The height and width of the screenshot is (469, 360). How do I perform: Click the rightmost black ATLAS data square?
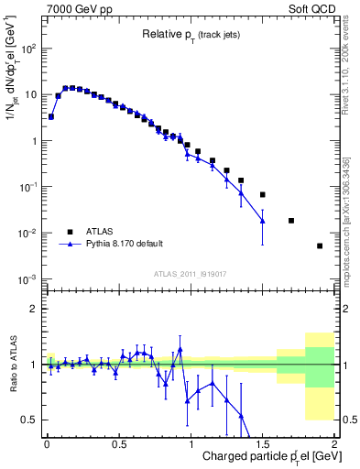tap(320, 245)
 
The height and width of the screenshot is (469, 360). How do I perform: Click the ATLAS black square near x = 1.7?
tap(291, 221)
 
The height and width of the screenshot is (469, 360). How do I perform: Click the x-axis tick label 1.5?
tap(262, 444)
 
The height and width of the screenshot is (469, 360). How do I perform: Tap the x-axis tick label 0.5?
tap(118, 444)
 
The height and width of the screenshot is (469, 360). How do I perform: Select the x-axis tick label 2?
tap(334, 444)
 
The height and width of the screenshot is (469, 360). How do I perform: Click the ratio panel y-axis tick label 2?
tap(35, 310)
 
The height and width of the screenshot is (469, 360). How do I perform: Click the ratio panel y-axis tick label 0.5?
tap(31, 420)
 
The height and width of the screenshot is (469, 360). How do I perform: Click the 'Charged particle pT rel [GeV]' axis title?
tap(261, 458)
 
